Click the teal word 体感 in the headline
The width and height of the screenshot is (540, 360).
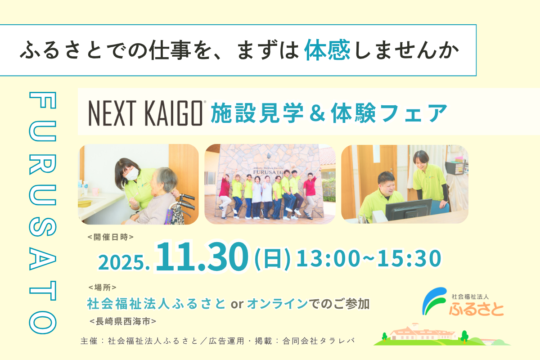click(327, 50)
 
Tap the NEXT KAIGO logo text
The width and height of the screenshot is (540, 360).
click(146, 113)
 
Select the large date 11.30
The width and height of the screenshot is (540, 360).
click(202, 256)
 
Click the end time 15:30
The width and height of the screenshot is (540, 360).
click(409, 258)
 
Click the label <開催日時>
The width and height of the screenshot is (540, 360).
click(111, 237)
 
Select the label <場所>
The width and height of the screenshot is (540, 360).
click(103, 287)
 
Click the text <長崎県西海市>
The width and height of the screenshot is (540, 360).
click(123, 321)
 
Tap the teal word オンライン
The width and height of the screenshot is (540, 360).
click(278, 304)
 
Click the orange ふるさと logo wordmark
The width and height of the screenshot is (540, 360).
click(477, 308)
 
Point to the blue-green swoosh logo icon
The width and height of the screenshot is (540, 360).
click(434, 301)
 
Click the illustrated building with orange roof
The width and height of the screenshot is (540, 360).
click(423, 332)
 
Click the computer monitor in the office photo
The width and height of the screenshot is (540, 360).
click(409, 209)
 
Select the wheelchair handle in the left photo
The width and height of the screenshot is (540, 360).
click(187, 200)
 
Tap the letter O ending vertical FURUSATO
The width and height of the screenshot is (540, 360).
click(43, 322)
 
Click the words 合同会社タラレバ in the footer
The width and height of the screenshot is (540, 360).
click(319, 341)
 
